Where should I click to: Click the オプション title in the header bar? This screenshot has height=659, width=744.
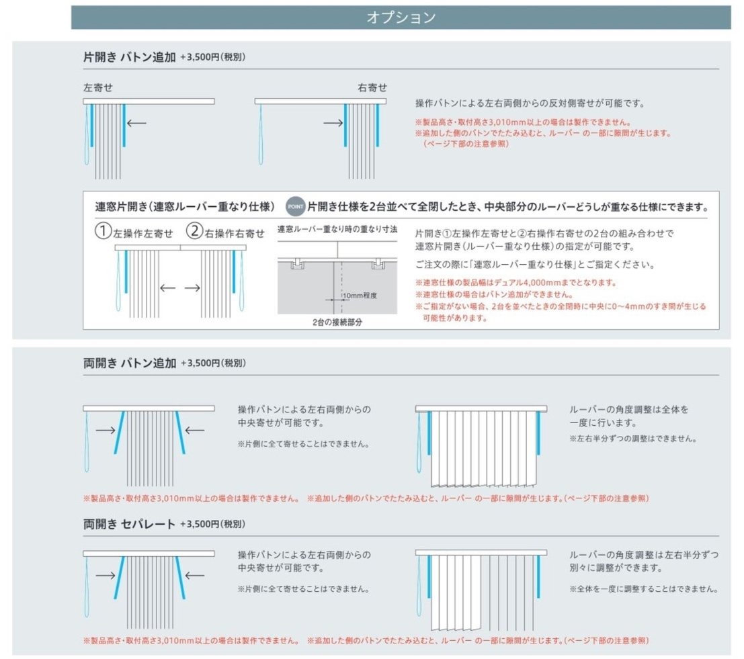(401, 18)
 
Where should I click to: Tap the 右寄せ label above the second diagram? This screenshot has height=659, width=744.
(372, 88)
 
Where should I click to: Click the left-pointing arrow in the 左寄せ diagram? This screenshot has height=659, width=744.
(136, 123)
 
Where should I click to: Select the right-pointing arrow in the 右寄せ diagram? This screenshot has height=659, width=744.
(333, 123)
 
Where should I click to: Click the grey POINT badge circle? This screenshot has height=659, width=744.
(296, 205)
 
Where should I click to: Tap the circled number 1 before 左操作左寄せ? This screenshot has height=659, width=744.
(102, 232)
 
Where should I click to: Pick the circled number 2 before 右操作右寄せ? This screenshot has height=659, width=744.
(194, 232)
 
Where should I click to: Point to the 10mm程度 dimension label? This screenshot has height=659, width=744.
(359, 296)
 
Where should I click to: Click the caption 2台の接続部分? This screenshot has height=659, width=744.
(337, 322)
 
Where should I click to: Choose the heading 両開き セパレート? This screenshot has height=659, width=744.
(129, 523)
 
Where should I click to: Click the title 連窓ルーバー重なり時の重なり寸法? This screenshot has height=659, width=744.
(337, 230)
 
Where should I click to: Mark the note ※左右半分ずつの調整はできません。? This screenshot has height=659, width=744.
(632, 439)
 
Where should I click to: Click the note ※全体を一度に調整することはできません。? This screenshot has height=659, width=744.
(643, 589)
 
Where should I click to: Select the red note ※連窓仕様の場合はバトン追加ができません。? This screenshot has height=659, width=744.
(494, 294)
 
